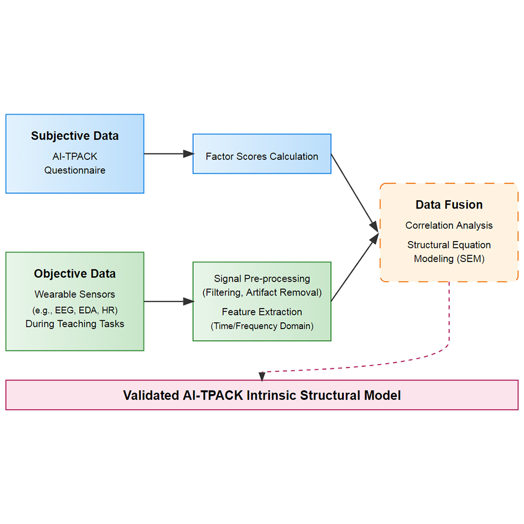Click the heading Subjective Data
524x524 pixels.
[x=74, y=136]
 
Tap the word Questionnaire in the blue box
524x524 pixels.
[x=74, y=170]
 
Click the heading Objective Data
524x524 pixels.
[x=74, y=274]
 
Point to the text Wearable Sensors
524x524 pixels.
[x=74, y=294]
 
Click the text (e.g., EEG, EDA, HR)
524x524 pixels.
[x=74, y=309]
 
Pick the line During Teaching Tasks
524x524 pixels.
[x=74, y=324]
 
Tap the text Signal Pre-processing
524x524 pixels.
[x=261, y=278]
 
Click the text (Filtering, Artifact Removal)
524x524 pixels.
[x=261, y=292]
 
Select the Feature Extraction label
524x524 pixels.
[x=261, y=312]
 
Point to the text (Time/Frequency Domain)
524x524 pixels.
[x=261, y=326]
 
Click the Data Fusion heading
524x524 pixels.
[x=449, y=205]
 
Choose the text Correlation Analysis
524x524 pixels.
[x=449, y=225]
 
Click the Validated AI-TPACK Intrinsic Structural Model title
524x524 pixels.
[x=261, y=395]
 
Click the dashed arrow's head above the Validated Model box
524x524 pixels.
[x=262, y=376]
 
